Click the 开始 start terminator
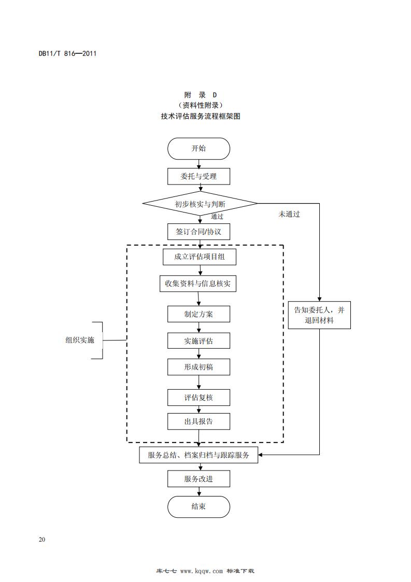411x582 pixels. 199,149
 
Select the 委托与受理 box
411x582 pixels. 199,176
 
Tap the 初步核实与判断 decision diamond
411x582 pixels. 200,204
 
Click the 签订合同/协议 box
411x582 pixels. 199,232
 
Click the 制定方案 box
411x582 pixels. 199,314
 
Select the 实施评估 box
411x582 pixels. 199,340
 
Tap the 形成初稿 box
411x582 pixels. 199,367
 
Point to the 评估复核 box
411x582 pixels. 199,398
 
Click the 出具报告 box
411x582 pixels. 199,421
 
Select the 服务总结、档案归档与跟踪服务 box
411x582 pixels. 199,455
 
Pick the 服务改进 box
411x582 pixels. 199,479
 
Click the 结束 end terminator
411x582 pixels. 199,506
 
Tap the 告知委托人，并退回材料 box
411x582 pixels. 319,315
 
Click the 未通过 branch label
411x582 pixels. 289,214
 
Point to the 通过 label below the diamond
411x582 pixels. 217,217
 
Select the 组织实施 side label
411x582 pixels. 80,340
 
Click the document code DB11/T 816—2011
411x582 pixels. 68,53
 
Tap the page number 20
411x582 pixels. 42,540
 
